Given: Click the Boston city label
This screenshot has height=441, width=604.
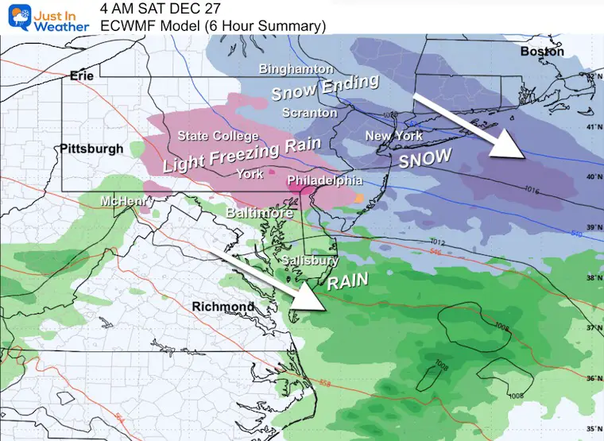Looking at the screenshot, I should click(541, 52).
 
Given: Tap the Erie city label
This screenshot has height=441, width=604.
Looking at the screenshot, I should click(82, 75).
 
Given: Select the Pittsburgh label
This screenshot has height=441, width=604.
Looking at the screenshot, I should click(91, 149).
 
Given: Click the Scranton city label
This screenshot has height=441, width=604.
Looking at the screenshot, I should click(310, 113).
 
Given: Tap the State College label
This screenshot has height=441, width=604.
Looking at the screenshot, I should click(218, 137).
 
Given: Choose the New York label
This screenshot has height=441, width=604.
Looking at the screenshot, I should click(393, 136).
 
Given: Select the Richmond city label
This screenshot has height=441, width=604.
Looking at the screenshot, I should click(223, 306).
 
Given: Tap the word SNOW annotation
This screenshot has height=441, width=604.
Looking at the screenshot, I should click(424, 158).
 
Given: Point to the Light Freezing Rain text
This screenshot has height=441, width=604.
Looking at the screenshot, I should click(242, 155).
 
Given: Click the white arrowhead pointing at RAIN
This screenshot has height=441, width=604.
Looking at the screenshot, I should click(314, 298).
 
